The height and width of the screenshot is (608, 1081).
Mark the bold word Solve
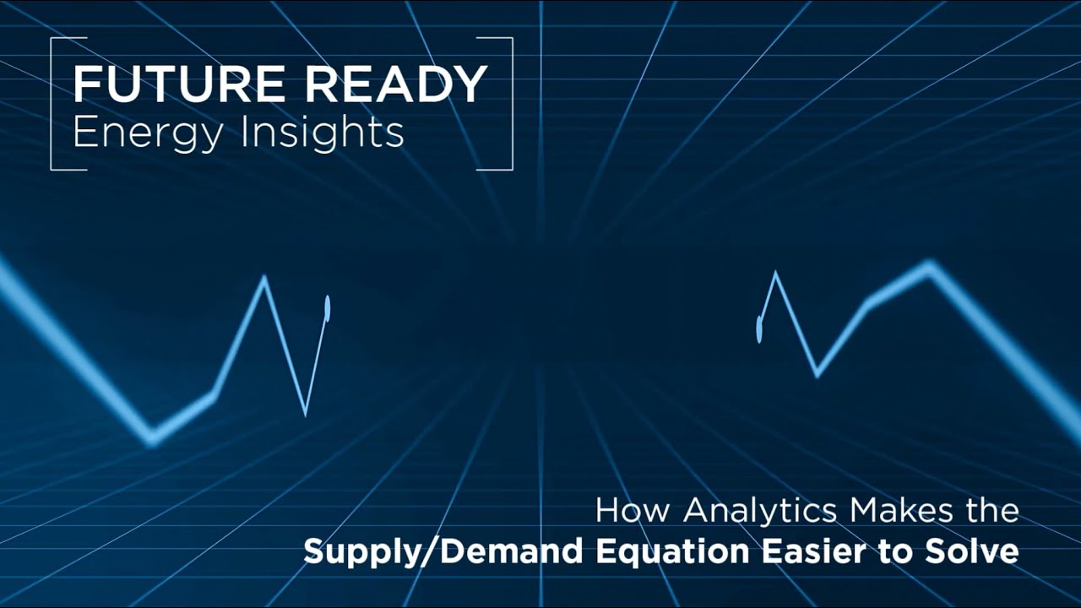970,552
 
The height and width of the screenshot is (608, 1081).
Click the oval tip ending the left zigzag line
328,309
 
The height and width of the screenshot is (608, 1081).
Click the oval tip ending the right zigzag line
759,329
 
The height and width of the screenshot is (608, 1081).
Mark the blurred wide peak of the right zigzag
930,267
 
